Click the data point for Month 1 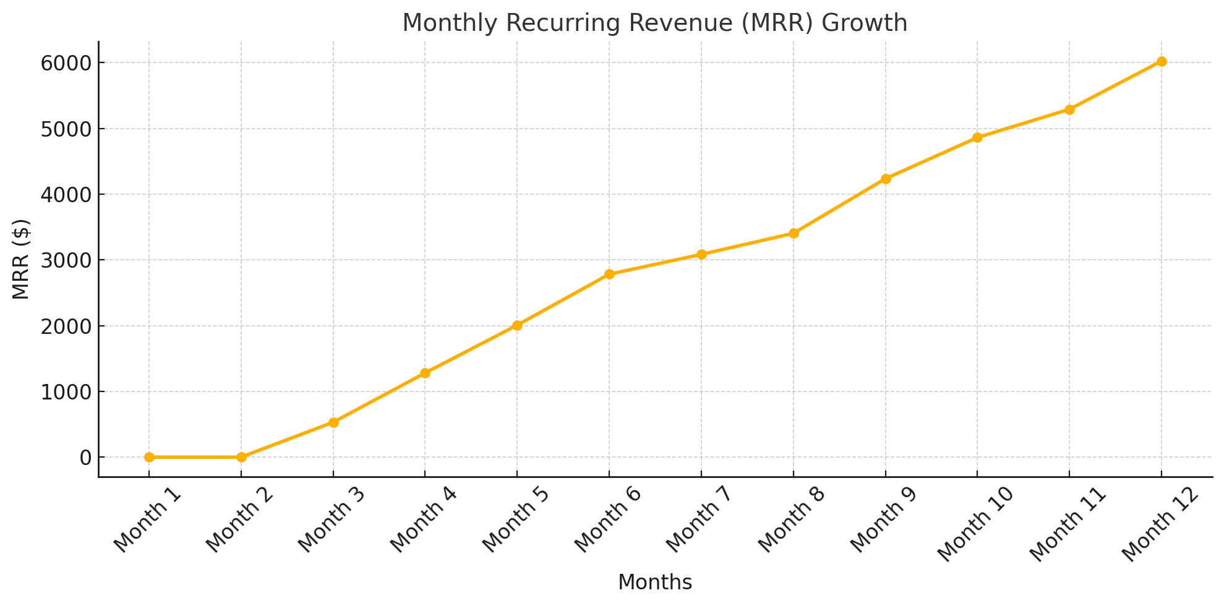click(149, 457)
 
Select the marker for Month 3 click(333, 422)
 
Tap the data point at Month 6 click(609, 274)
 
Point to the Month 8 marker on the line click(794, 233)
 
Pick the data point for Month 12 click(1162, 61)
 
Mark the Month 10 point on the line click(977, 137)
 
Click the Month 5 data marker click(517, 325)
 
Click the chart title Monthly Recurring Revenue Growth click(654, 23)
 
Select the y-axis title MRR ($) click(21, 259)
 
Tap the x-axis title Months click(654, 582)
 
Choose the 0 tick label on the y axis click(85, 458)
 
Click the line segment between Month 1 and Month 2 click(195, 457)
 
